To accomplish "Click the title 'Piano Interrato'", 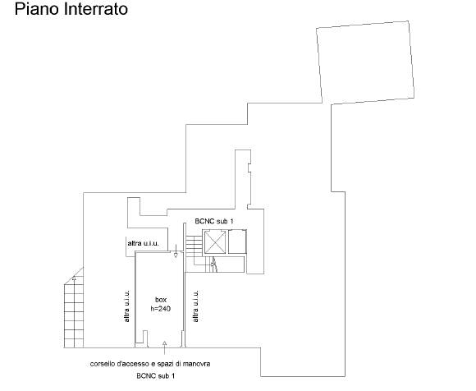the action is (x=71, y=9).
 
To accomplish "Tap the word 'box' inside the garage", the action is (x=161, y=300).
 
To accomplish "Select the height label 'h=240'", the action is (x=161, y=309).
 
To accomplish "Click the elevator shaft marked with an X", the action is (x=215, y=241).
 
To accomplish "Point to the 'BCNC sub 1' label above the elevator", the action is (x=214, y=221).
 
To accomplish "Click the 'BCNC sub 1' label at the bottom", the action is (x=156, y=376).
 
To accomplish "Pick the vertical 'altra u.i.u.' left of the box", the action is (x=126, y=306).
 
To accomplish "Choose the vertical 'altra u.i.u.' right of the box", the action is (x=196, y=306).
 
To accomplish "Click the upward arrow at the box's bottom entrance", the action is (x=164, y=347).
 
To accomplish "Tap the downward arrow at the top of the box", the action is (x=176, y=251).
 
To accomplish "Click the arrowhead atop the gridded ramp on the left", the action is (x=75, y=278).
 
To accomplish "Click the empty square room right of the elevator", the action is (x=237, y=241).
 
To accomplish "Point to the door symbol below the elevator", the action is (x=215, y=264).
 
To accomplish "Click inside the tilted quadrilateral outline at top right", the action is (x=365, y=63).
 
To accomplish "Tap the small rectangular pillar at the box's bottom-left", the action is (x=145, y=338).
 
